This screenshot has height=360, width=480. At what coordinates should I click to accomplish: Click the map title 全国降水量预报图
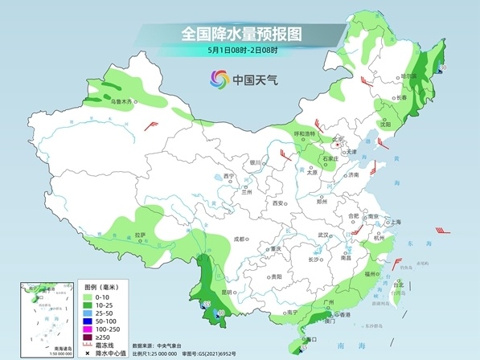coord(240,34)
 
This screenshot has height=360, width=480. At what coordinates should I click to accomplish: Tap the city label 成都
coord(238,239)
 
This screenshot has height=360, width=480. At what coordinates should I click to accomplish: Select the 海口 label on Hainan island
coord(306,340)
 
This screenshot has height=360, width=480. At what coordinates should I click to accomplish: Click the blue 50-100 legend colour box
coord(89,319)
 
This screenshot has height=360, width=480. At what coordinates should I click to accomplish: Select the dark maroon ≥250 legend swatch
coord(89,337)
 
